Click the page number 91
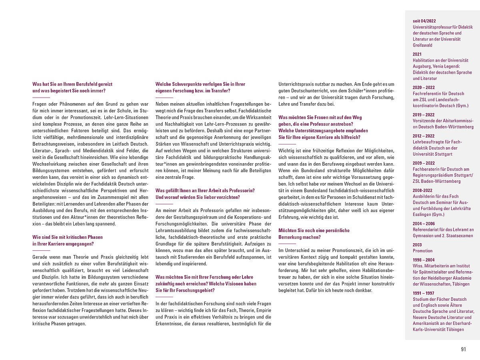click(463, 349)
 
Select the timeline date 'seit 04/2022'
click(424, 21)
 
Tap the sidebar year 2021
click(418, 54)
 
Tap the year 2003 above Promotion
click(418, 245)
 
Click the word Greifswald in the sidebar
click(423, 45)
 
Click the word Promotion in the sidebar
click(422, 251)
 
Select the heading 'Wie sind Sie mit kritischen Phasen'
click(68, 237)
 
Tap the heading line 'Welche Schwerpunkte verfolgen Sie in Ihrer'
click(200, 84)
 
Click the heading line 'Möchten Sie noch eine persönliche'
click(314, 230)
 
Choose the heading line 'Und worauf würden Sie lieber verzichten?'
click(198, 197)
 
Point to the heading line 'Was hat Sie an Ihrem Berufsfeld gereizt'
click(72, 84)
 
